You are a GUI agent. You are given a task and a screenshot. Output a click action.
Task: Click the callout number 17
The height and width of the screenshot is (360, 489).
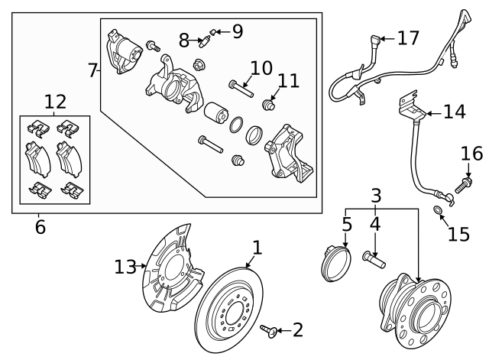[x=409, y=37]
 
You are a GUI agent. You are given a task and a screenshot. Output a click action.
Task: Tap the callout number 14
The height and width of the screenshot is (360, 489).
[x=454, y=112]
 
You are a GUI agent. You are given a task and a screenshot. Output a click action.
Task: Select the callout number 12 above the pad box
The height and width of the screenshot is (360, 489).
[x=55, y=101]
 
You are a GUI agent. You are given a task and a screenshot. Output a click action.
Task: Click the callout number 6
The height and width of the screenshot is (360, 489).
[x=40, y=226]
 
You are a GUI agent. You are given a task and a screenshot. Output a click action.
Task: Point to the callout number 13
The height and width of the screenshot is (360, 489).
[x=125, y=266]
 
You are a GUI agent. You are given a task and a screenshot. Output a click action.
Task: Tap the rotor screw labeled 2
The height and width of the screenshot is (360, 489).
[x=268, y=330]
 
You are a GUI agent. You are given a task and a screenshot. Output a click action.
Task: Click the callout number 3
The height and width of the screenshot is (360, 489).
[x=375, y=196]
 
